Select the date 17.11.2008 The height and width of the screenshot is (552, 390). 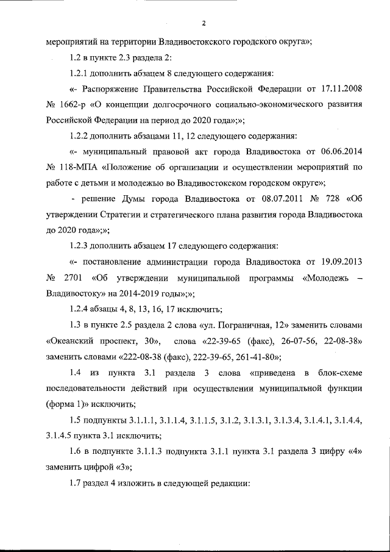[x=342, y=89]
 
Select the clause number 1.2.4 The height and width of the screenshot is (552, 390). [x=84, y=309]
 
